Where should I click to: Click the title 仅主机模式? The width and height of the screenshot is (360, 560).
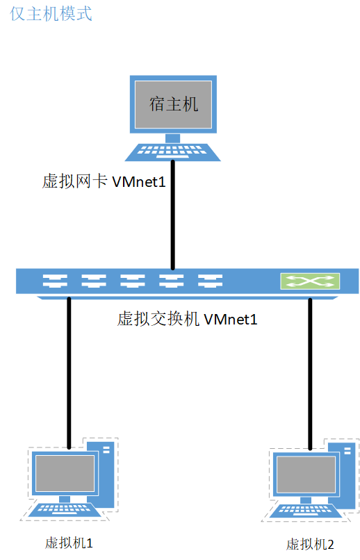click(51, 14)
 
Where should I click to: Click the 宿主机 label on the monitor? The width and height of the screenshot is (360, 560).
click(174, 104)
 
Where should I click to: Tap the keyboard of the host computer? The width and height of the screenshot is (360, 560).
click(174, 150)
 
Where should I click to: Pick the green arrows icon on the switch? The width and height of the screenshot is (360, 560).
click(310, 281)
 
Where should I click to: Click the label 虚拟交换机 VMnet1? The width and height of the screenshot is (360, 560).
click(188, 320)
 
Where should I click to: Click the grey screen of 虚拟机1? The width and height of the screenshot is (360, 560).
click(65, 474)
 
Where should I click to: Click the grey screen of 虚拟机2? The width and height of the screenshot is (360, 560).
click(304, 475)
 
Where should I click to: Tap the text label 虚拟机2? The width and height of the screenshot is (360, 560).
click(310, 543)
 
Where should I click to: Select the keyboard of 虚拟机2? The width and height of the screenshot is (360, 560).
click(304, 511)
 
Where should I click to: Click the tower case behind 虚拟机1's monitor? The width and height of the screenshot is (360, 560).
click(106, 472)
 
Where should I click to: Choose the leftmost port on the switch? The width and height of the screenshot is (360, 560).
click(54, 281)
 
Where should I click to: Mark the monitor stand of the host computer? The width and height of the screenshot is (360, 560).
click(173, 138)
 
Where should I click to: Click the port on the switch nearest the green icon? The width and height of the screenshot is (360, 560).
click(209, 281)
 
